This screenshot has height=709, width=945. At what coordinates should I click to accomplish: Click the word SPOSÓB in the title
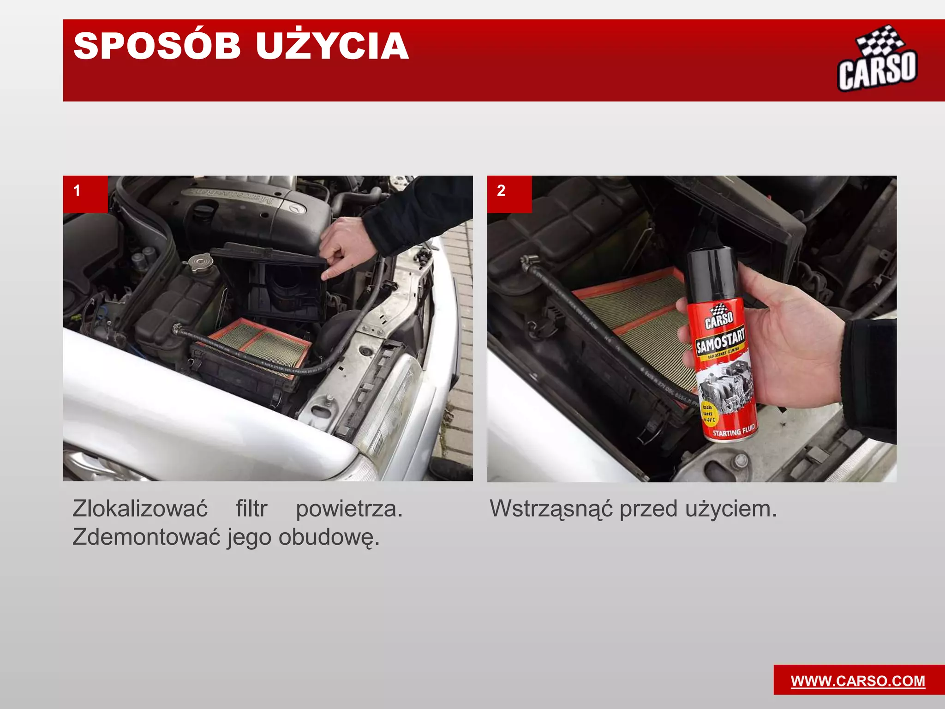[x=157, y=46]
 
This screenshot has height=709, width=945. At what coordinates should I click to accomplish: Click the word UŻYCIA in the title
[x=332, y=46]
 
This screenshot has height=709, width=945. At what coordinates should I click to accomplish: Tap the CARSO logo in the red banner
[x=877, y=60]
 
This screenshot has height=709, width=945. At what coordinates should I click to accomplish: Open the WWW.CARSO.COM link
[x=858, y=681]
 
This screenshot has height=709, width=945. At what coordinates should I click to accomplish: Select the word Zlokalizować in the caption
[x=140, y=509]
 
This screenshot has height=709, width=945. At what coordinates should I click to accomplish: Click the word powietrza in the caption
[x=349, y=509]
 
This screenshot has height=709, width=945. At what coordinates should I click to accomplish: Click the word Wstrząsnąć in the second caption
[x=551, y=509]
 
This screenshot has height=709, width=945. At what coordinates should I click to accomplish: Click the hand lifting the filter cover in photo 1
[x=344, y=247]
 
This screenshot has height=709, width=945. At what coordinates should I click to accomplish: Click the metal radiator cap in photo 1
[x=199, y=263]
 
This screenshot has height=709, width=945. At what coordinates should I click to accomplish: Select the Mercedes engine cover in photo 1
[x=240, y=208]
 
